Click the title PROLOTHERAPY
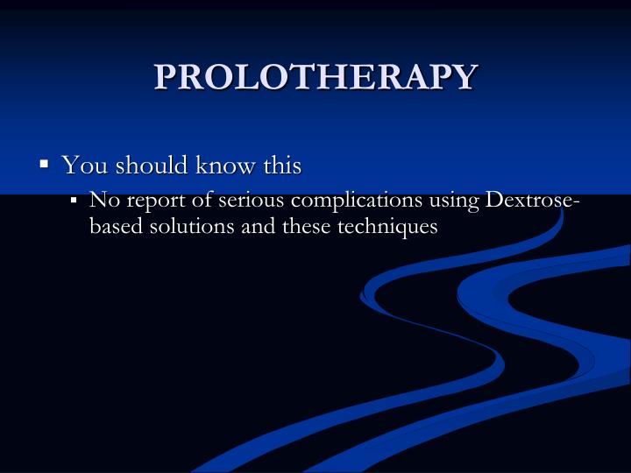coord(315,77)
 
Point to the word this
coord(280,165)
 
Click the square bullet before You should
coord(44,164)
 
